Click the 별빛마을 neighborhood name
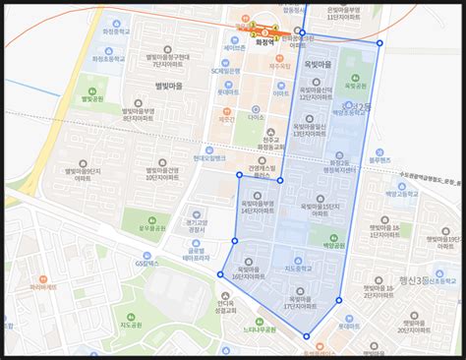[143, 87]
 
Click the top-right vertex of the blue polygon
[379, 43]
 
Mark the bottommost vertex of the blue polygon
[306, 337]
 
